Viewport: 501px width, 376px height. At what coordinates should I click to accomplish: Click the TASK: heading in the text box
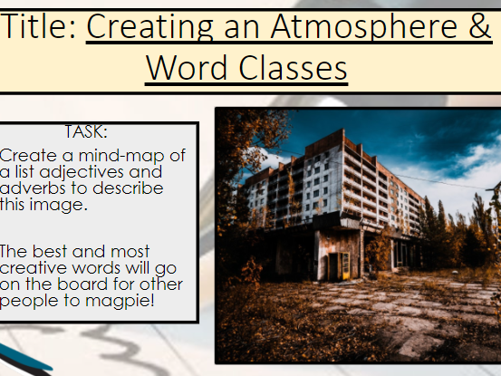(x=87, y=132)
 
